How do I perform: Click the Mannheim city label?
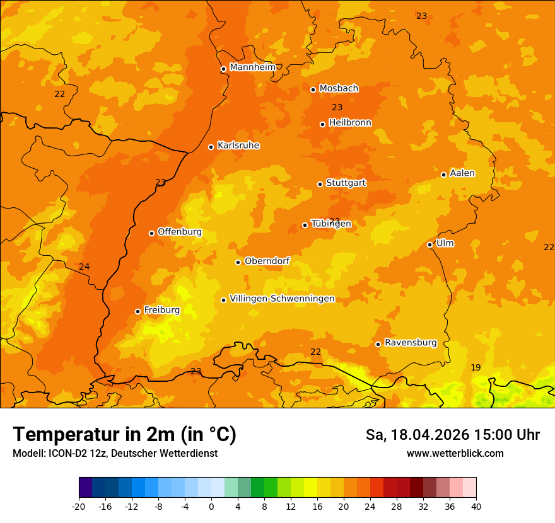click(x=252, y=67)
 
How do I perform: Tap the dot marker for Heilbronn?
click(x=322, y=124)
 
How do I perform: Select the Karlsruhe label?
click(x=238, y=146)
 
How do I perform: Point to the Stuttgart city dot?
click(x=320, y=184)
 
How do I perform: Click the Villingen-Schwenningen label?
click(x=282, y=299)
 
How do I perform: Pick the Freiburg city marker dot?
click(x=137, y=311)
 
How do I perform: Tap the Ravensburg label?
click(x=410, y=343)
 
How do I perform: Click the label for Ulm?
click(x=445, y=243)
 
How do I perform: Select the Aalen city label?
click(x=462, y=173)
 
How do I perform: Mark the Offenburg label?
click(x=179, y=232)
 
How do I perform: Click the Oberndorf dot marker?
click(x=238, y=262)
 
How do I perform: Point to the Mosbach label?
click(x=338, y=88)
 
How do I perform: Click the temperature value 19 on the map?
click(x=476, y=367)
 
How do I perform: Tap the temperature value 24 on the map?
click(x=84, y=267)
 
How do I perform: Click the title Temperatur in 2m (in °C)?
click(x=124, y=434)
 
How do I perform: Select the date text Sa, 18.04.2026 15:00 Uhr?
click(x=452, y=435)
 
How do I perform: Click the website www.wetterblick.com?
click(x=455, y=453)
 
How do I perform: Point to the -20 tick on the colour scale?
click(x=79, y=506)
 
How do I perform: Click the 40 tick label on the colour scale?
click(x=476, y=506)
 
